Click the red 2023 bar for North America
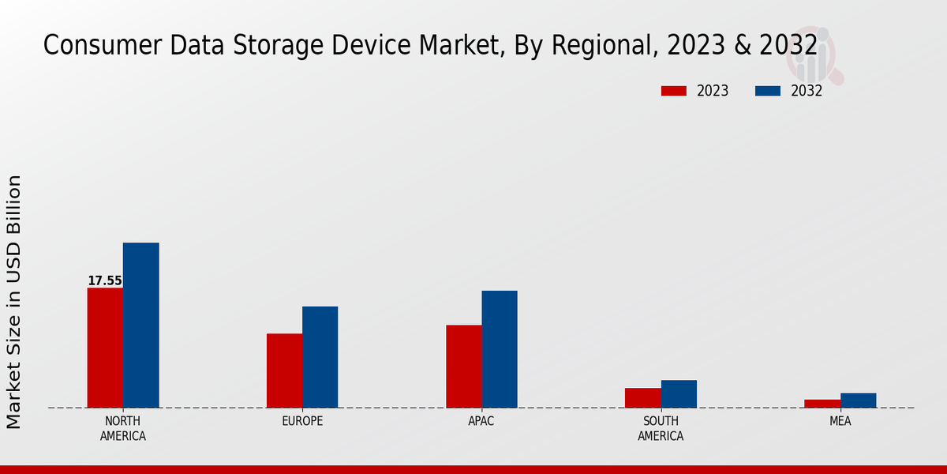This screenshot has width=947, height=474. pos(105,348)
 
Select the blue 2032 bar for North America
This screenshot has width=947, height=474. pos(140,325)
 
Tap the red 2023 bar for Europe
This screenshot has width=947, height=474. pos(284,371)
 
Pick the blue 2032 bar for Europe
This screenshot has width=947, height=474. pos(320,357)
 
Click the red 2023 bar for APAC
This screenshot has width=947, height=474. pos(463,366)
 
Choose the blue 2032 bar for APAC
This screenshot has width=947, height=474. pos(500,349)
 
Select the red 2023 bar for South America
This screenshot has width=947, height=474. pos(642,397)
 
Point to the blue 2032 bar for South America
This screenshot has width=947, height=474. pos(679,393)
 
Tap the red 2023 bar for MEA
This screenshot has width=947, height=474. pos(822,404)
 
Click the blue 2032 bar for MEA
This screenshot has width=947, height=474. pos(858,401)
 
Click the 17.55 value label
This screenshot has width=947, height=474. pos(104,280)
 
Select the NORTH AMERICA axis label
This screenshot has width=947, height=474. pos(122,428)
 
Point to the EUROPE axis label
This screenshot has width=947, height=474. pos(302,421)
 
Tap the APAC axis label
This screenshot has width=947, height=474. pos(481,421)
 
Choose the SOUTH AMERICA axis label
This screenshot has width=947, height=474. pos(661,428)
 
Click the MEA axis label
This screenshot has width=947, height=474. pos(840,421)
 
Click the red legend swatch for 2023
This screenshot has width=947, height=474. pos(673,91)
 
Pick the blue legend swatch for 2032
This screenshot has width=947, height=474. pos(767,91)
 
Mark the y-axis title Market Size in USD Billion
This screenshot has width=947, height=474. pos(14,302)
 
